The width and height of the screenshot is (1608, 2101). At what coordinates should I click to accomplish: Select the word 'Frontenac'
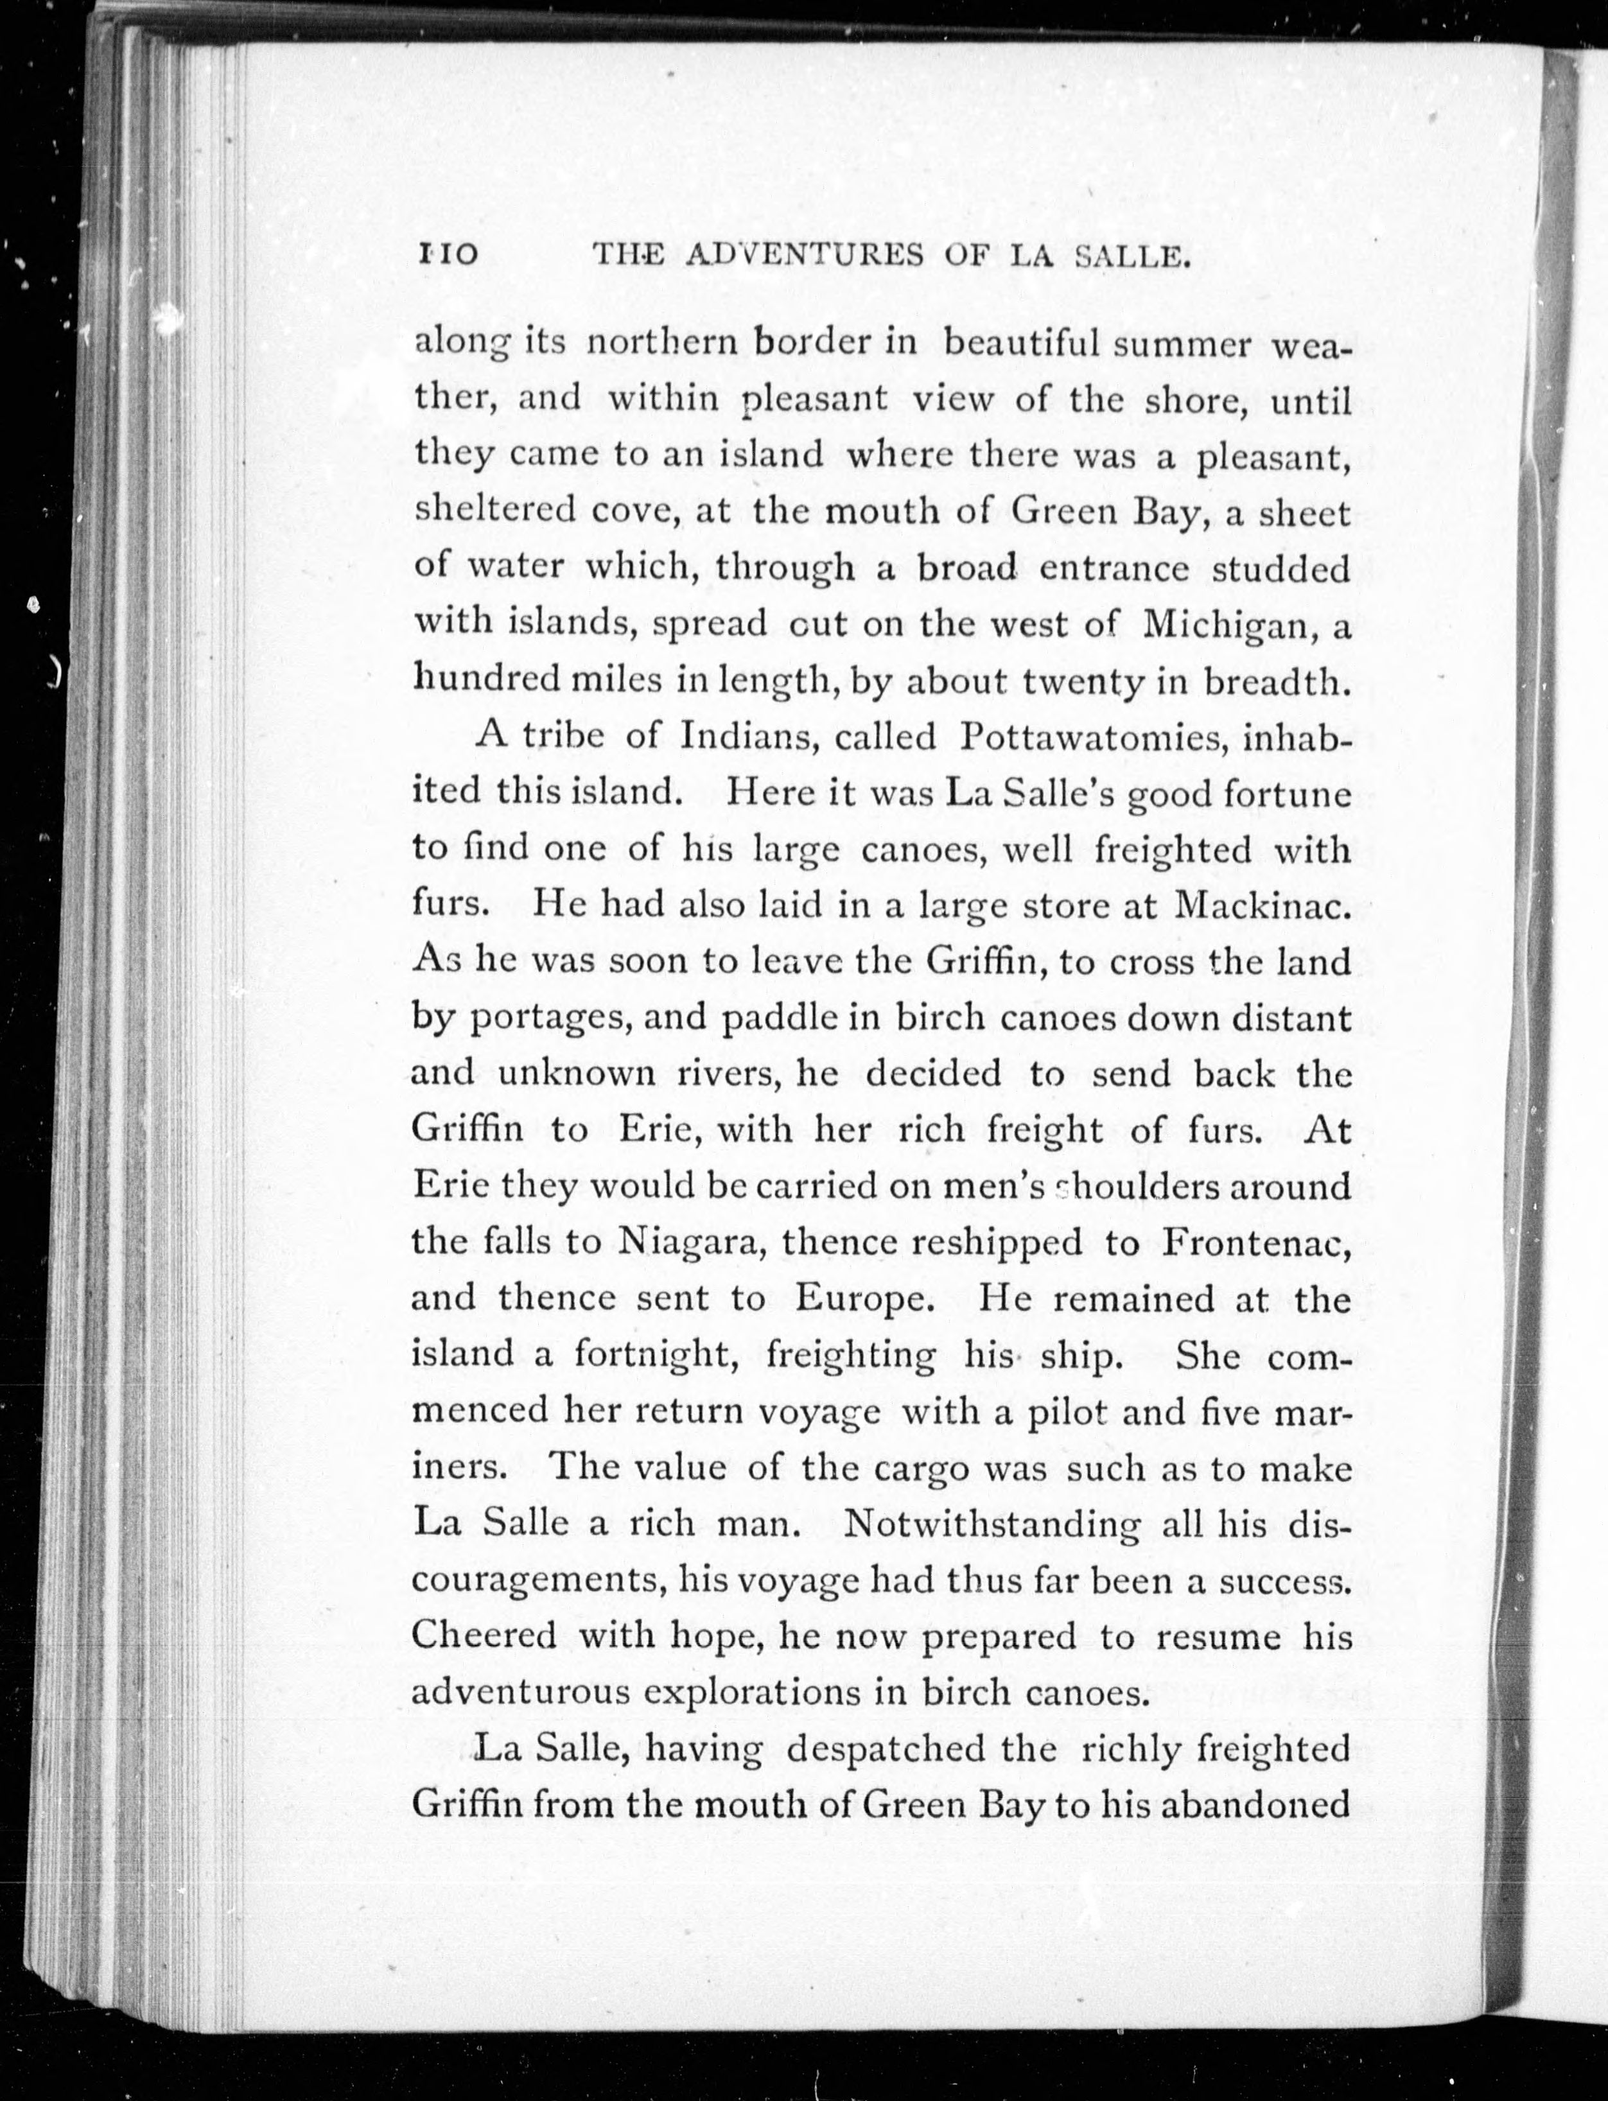tap(1256, 1242)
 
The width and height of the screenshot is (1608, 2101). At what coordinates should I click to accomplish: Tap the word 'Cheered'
tap(484, 1635)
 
